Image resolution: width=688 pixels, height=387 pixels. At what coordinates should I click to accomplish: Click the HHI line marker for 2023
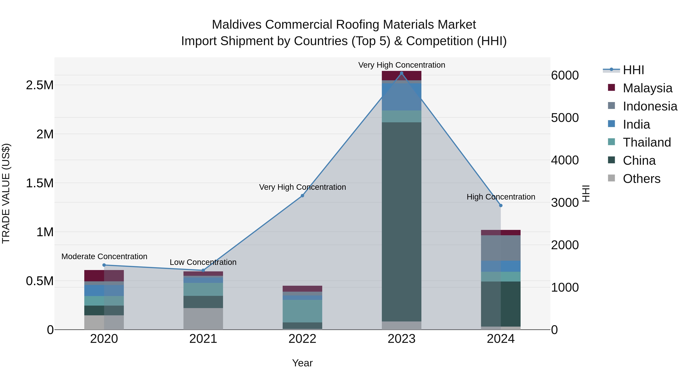tap(401, 73)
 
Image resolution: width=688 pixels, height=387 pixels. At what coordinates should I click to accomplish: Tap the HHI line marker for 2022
tap(302, 196)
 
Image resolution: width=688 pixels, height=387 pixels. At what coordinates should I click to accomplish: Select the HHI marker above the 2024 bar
tap(501, 206)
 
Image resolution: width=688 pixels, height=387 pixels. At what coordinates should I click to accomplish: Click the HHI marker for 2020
tap(104, 265)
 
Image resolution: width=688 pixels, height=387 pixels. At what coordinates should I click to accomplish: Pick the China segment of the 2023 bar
tap(401, 222)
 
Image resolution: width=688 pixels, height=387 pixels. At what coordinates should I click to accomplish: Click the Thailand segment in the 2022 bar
tap(302, 311)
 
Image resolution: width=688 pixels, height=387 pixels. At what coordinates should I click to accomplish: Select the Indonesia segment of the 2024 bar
tap(501, 248)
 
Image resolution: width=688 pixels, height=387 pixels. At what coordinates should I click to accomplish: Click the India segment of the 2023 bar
tap(401, 97)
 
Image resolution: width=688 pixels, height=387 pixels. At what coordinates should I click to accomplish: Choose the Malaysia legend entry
tap(647, 88)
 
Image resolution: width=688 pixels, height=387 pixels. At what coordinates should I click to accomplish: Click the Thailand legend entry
tap(647, 142)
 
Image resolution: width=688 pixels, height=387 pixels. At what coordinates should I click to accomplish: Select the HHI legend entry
tap(633, 70)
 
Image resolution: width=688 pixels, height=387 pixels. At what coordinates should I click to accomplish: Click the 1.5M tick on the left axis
tap(40, 183)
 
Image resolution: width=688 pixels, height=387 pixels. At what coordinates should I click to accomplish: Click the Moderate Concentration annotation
tap(104, 256)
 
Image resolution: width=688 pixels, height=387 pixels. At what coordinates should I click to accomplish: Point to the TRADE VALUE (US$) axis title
tap(6, 193)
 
